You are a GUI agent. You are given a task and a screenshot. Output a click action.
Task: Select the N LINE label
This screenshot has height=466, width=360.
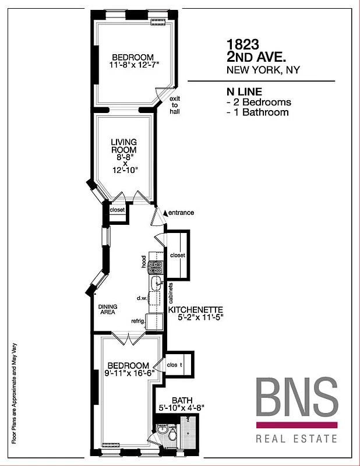[243, 92]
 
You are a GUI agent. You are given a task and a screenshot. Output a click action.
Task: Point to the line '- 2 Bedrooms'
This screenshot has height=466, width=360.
[258, 102]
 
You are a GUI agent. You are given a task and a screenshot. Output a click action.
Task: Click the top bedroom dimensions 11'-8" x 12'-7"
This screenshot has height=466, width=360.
[133, 65]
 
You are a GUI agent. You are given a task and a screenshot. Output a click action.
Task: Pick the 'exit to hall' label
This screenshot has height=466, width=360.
[175, 105]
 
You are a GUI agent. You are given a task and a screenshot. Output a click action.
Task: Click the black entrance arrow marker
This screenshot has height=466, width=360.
[165, 213]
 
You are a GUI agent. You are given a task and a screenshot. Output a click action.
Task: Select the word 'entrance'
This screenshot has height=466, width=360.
[181, 213]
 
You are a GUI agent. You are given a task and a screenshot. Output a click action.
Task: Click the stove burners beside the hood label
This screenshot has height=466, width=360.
[156, 267]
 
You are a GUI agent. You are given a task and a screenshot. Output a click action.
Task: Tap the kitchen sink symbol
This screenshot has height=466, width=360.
[156, 284]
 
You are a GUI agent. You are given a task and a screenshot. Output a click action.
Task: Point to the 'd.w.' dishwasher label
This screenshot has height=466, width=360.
[140, 298]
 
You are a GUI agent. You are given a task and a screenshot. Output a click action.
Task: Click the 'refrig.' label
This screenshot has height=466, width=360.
[137, 321]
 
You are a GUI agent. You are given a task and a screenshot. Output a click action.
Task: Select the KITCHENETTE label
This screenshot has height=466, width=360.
[196, 309]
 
